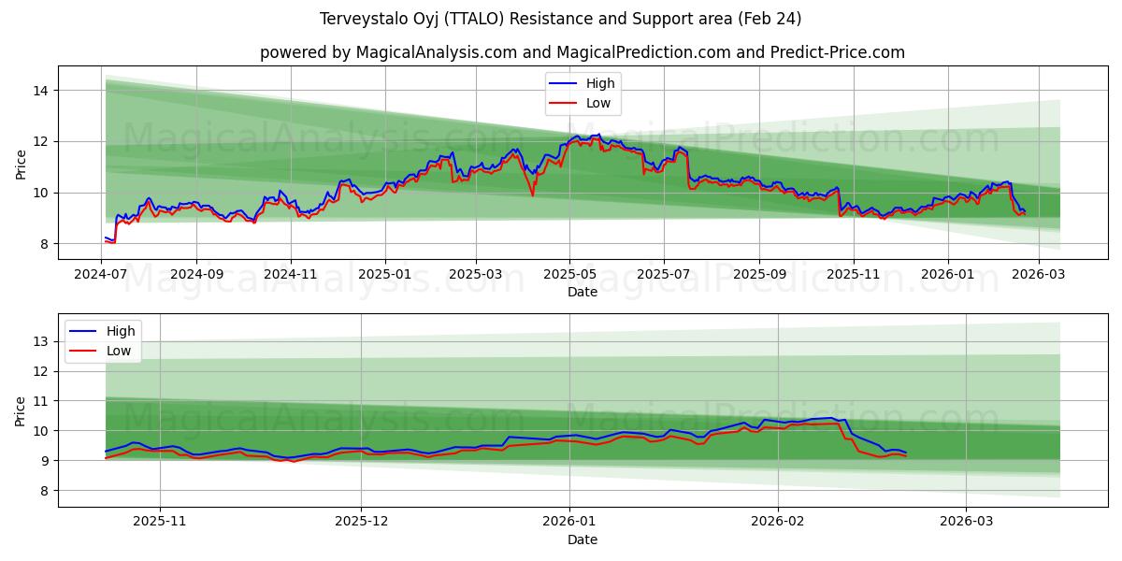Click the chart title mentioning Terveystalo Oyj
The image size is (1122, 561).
[x=560, y=19]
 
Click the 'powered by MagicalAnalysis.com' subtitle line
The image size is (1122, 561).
[x=582, y=52]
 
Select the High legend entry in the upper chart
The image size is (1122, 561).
[x=599, y=83]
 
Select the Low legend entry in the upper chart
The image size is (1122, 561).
[x=598, y=103]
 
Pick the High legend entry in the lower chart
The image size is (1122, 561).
[x=119, y=331]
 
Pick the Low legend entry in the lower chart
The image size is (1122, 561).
[x=118, y=351]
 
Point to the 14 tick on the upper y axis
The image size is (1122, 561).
[x=42, y=91]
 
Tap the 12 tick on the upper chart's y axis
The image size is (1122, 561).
[x=42, y=142]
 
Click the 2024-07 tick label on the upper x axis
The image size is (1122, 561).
[x=101, y=276]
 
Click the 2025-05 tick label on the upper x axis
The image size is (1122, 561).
[x=569, y=276]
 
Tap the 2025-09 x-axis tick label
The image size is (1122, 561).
[x=759, y=276]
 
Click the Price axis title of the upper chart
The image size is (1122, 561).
[x=21, y=163]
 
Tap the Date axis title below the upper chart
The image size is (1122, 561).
[x=582, y=293]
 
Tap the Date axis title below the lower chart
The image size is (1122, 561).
[x=582, y=540]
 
